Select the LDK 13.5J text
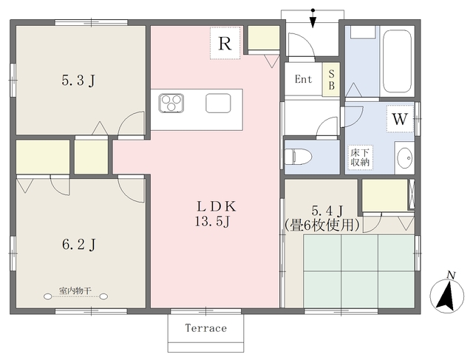coord(214,213)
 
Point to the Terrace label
coord(205,328)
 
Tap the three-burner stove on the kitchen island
coord(171,103)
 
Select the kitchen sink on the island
coord(218,103)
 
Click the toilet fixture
coord(301,157)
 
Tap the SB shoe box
coord(332,80)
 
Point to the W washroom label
coord(400,118)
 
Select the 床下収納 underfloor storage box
coord(361,157)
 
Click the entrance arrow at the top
coord(314,16)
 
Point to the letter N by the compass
coord(450,276)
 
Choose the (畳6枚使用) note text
coord(323,224)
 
